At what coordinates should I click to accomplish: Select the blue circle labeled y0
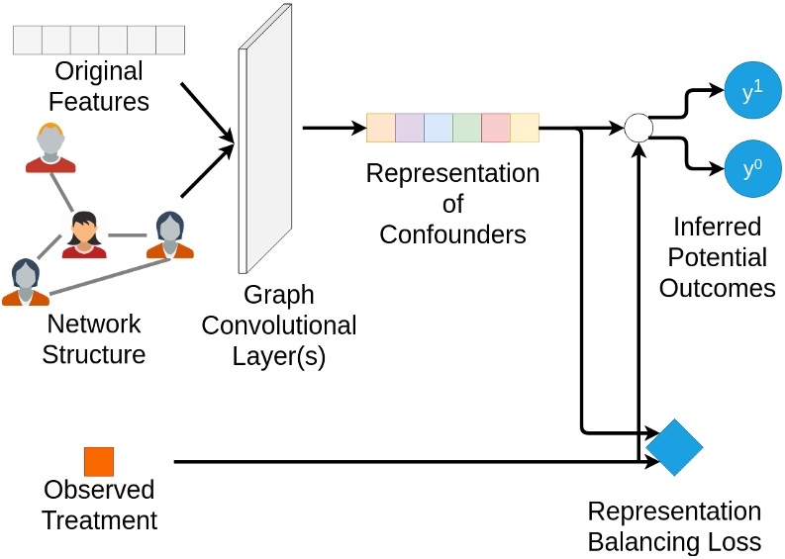[753, 169]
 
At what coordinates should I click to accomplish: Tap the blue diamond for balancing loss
[674, 447]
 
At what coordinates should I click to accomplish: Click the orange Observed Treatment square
[99, 462]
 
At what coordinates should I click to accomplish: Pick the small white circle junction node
[638, 128]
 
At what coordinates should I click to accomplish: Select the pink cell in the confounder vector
[496, 129]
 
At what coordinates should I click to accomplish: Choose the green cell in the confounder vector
[467, 129]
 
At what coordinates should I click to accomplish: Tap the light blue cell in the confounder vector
[439, 129]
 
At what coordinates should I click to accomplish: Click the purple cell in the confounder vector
[410, 129]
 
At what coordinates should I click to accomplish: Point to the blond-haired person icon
[50, 148]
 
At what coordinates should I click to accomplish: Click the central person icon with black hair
[84, 234]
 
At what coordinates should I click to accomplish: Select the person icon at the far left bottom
[25, 283]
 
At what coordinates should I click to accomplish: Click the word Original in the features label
[99, 72]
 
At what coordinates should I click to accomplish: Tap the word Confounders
[452, 234]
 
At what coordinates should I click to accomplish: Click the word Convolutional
[279, 326]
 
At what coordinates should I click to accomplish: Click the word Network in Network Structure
[94, 325]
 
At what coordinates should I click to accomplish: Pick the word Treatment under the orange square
[99, 520]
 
